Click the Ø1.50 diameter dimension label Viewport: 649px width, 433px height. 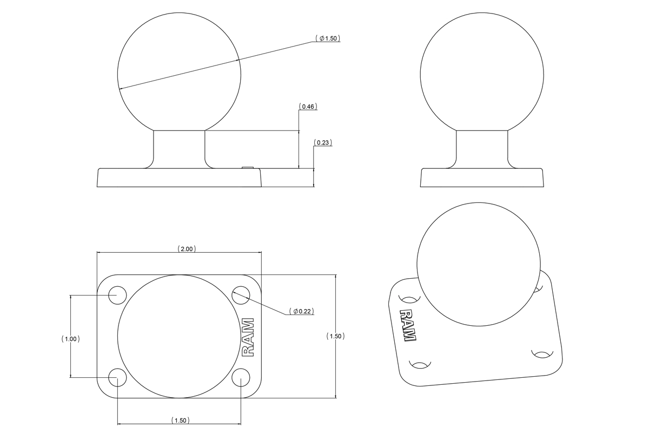[x=328, y=38]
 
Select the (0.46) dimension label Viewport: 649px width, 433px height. [x=308, y=107]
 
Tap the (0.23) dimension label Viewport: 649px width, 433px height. [x=323, y=143]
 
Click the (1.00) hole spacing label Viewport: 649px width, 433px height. [x=71, y=339]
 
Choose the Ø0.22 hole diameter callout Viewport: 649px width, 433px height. [x=302, y=311]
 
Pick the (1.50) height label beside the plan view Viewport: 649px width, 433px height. [x=336, y=336]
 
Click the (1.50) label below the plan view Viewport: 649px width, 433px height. [x=179, y=421]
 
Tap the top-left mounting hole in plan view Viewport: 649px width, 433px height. [x=117, y=295]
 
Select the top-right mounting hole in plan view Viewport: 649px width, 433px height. [x=241, y=295]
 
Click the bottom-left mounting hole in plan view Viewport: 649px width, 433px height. [x=117, y=377]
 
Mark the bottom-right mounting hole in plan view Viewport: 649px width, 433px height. [x=241, y=377]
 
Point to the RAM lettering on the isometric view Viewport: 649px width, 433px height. [x=408, y=325]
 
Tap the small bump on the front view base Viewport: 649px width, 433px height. [x=248, y=168]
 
